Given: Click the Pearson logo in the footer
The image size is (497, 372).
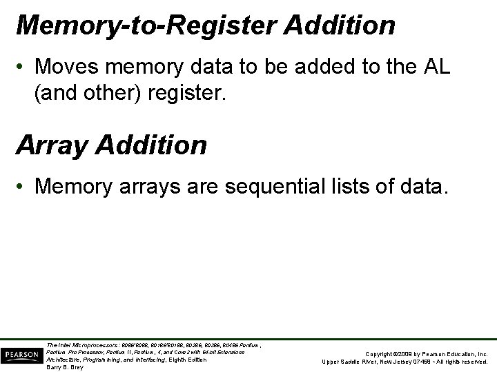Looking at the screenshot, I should pos(21,354).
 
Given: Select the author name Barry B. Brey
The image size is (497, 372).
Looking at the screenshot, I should pos(65,367).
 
